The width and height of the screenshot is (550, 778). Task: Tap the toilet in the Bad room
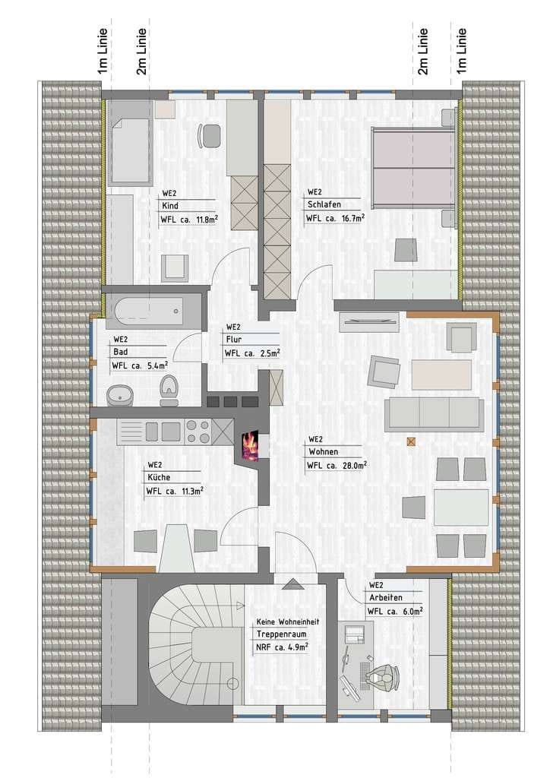tap(169, 391)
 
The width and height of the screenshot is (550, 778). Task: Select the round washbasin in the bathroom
tap(120, 396)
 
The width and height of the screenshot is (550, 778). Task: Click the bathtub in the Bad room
tap(149, 311)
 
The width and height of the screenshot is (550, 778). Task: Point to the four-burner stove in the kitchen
tap(198, 431)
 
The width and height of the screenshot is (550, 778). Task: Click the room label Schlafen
tap(324, 204)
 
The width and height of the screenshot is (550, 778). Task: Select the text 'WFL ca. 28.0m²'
tap(337, 465)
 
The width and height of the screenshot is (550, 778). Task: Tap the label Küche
tap(159, 477)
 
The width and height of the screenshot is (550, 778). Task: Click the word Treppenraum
tap(281, 634)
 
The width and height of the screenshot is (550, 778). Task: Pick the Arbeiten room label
tap(386, 598)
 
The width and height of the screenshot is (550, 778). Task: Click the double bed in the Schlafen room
tap(413, 167)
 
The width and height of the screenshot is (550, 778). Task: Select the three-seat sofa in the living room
tap(434, 414)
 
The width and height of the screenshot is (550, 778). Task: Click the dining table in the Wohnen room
tap(461, 507)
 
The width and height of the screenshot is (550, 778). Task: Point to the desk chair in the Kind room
tap(210, 135)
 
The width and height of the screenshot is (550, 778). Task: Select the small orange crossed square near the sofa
tap(411, 441)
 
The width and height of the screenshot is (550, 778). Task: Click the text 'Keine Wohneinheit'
tap(288, 621)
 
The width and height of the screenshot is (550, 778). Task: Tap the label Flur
tap(234, 340)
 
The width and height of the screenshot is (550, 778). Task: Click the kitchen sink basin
tap(170, 432)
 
